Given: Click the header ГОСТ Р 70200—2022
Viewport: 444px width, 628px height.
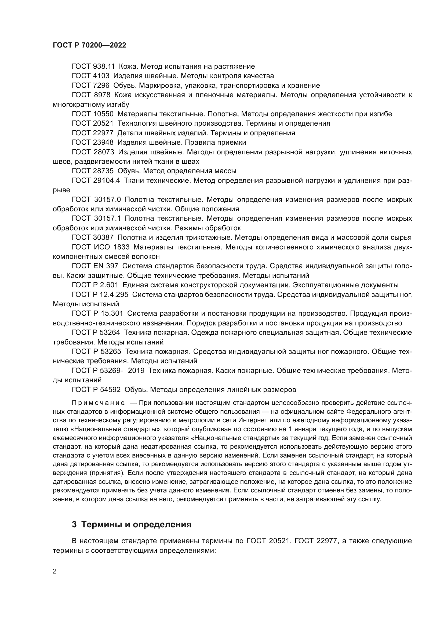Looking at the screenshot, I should [89, 45].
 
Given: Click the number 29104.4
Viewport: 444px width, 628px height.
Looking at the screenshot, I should [107, 180].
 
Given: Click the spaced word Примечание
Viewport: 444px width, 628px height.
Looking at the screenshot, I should [99, 403].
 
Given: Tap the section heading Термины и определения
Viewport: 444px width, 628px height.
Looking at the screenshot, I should [136, 525].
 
